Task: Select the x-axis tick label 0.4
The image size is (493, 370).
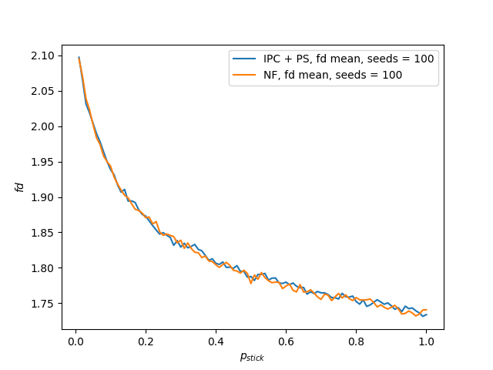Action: (216, 341)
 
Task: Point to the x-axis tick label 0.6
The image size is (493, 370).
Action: (286, 341)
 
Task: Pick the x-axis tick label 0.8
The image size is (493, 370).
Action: (356, 341)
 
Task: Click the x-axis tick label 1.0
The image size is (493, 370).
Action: (426, 341)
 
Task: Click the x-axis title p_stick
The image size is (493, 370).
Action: (253, 356)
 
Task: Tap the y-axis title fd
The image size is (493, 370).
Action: (21, 187)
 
